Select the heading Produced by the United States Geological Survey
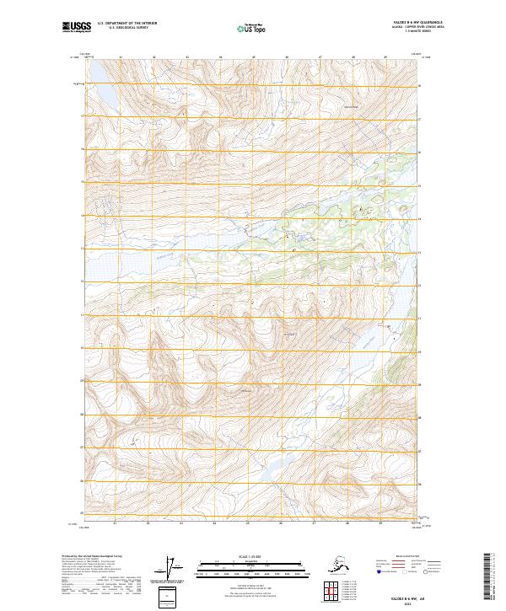tap(84, 556)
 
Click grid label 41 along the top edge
tap(121, 57)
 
